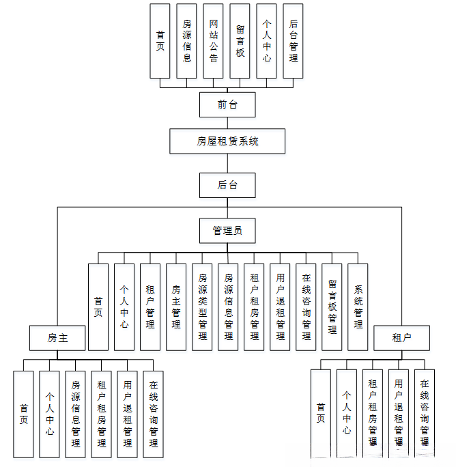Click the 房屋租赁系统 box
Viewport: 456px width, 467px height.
(227, 142)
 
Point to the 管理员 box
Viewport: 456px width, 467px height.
(227, 231)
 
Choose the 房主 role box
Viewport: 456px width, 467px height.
(57, 338)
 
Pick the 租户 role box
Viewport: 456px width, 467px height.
(401, 338)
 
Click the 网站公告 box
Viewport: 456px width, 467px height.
(213, 41)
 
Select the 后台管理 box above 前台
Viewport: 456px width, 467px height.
(293, 41)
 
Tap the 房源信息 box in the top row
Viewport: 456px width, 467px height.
(186, 41)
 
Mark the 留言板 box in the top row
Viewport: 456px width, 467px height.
(240, 41)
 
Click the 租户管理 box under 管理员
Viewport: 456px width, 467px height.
(150, 307)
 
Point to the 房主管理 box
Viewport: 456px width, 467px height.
(176, 307)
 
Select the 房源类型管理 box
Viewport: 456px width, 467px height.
(202, 307)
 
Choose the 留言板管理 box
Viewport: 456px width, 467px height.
(332, 307)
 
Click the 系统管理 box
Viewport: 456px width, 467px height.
(358, 307)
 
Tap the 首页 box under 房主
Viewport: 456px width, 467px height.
(24, 414)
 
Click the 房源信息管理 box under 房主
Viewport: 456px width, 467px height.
(76, 414)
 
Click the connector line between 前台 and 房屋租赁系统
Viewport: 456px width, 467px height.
(227, 123)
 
